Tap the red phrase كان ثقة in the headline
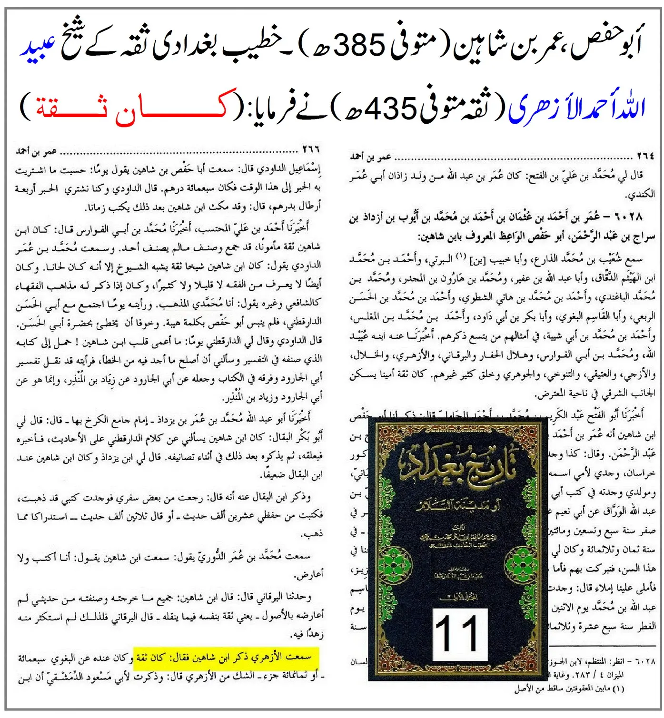pyautogui.click(x=130, y=108)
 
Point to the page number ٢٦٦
pyautogui.click(x=311, y=151)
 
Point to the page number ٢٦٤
pyautogui.click(x=645, y=156)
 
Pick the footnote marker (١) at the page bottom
pyautogui.click(x=618, y=688)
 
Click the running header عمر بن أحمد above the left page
pyautogui.click(x=36, y=152)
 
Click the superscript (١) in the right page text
pyautogui.click(x=460, y=256)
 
